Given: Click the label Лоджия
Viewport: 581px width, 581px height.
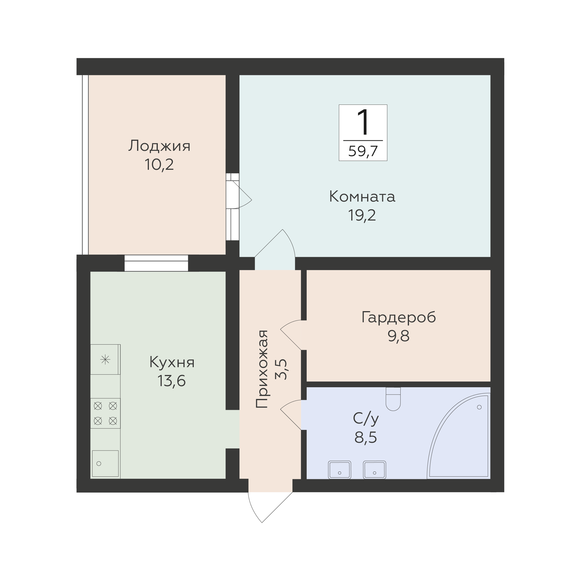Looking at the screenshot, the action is pos(159,146).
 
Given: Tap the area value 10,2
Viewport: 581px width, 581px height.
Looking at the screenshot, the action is pos(159,165).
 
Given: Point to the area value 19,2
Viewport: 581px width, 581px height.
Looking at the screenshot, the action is pos(362,215).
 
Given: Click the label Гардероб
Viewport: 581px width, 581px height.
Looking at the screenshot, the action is pos(398,318).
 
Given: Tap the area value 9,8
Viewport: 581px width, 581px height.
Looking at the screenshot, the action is pos(398,336).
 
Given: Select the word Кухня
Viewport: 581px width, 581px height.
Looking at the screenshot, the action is pos(172,363).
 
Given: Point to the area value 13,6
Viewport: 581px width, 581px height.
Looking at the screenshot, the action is pos(172,381).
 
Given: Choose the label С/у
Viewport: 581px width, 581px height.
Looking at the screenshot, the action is pos(366,419).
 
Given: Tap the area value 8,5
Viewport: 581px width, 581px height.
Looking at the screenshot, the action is pos(366,437).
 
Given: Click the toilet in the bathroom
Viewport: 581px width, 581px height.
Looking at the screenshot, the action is pos(393,399).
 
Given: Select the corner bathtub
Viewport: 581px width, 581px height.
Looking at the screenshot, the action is pos(459,436).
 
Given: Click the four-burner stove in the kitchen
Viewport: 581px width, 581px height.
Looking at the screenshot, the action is pos(105,413).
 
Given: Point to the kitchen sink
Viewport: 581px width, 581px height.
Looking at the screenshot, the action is pos(105,463).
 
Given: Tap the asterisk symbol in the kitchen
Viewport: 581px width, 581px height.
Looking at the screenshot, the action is pos(105,359).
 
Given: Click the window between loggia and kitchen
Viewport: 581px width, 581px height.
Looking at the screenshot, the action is pos(156,263).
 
